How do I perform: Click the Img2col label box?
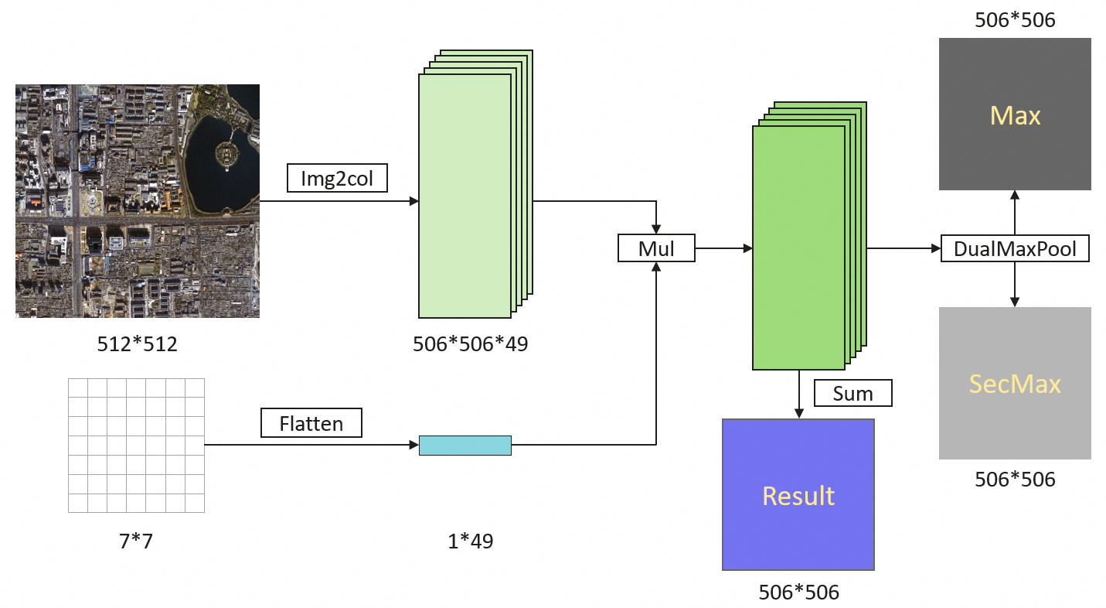click(x=337, y=178)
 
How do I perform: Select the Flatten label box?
click(x=311, y=422)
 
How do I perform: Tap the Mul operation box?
click(x=656, y=248)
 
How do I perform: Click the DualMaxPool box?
click(x=1015, y=248)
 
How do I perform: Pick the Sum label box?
click(x=852, y=393)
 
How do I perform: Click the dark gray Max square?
click(x=1015, y=114)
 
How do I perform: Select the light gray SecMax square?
click(x=1015, y=383)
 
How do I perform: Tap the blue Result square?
click(x=798, y=495)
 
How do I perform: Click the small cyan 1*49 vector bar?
click(x=465, y=445)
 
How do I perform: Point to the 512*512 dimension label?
click(x=137, y=344)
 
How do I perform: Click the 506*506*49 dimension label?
click(x=470, y=344)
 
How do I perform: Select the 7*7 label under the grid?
click(x=136, y=541)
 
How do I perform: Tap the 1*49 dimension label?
click(x=470, y=541)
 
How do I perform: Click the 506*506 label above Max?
click(x=1015, y=20)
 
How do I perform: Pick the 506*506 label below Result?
click(x=798, y=593)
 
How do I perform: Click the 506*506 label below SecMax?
click(x=1015, y=480)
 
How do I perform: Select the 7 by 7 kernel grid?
click(x=136, y=446)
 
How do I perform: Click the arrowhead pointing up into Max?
click(x=1015, y=195)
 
